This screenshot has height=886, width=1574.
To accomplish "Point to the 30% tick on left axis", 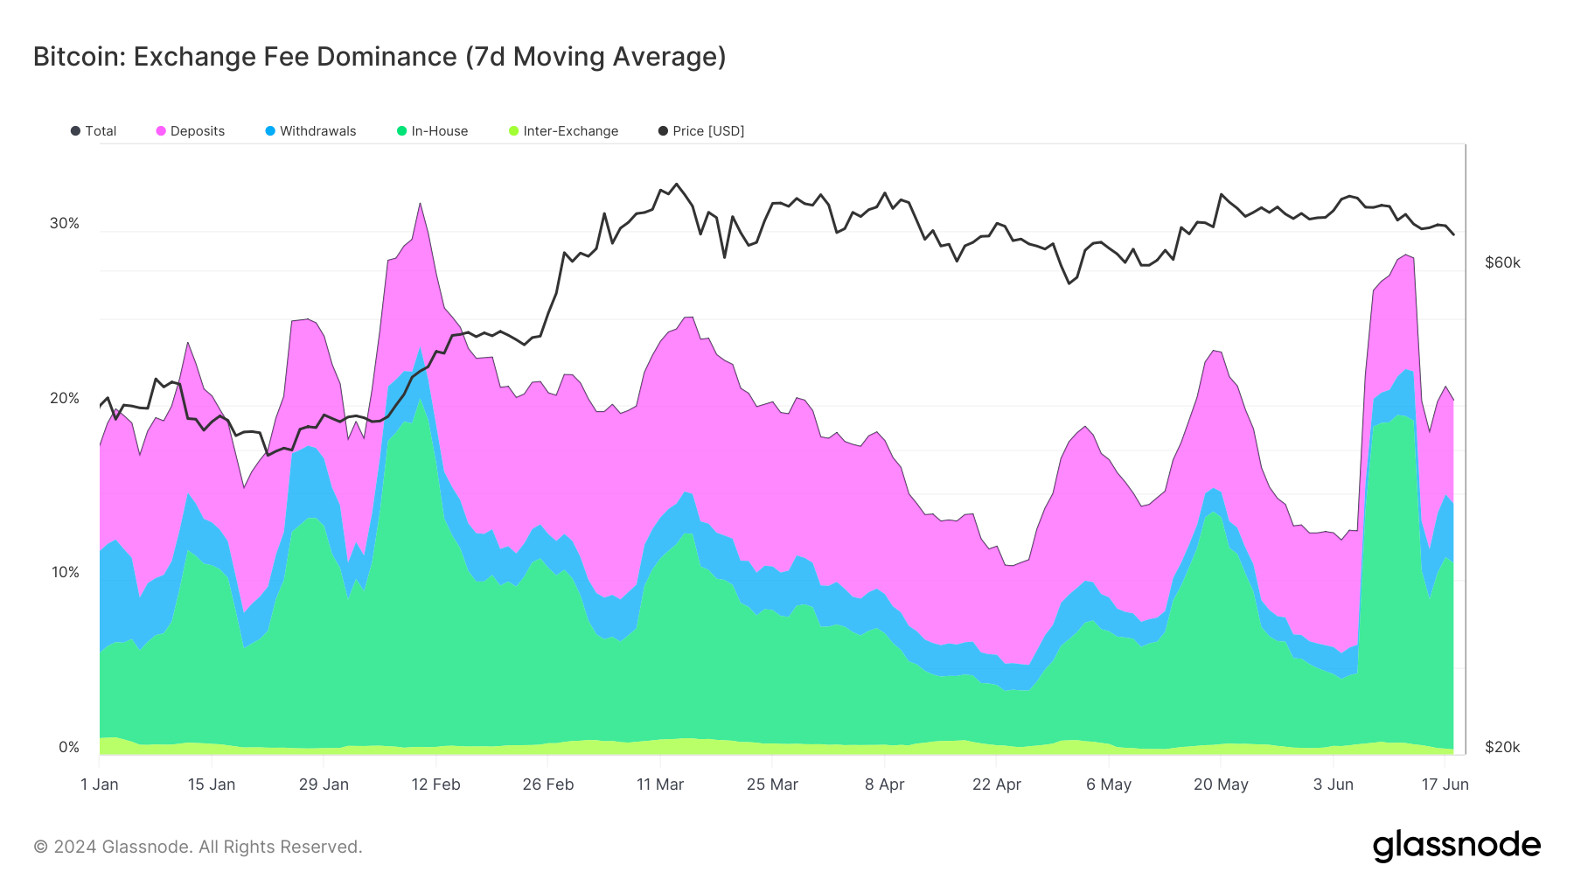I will click(x=65, y=224).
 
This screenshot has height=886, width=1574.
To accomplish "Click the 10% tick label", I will click(x=65, y=573).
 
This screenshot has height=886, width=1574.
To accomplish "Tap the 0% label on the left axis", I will click(x=69, y=748).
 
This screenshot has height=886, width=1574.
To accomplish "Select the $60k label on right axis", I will click(x=1502, y=263).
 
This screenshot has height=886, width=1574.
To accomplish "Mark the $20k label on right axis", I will click(x=1502, y=748).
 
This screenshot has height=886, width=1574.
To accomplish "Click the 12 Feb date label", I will click(x=435, y=785).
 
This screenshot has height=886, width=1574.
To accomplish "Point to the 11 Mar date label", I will click(x=660, y=785).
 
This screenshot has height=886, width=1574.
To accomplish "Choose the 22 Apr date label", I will click(x=997, y=785).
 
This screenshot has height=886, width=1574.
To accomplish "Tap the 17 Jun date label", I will click(x=1445, y=785).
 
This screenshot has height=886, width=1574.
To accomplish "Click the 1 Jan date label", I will click(x=100, y=785).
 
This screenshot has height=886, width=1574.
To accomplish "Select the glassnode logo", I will click(x=1456, y=846).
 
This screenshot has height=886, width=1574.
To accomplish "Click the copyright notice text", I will click(x=198, y=847).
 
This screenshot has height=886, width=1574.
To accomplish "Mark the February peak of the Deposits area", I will click(x=421, y=206).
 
